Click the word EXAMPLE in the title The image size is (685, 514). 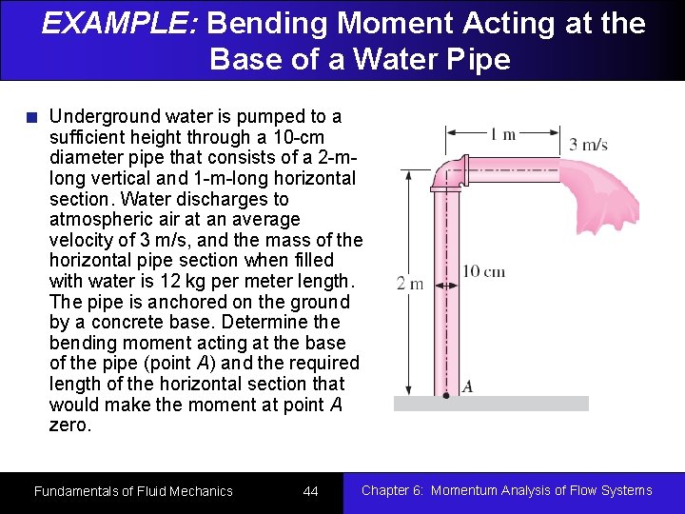(x=118, y=23)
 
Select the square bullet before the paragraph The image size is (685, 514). (x=32, y=118)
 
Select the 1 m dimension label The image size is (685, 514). (x=502, y=134)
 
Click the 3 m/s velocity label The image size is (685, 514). (x=588, y=145)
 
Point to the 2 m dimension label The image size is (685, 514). (x=410, y=283)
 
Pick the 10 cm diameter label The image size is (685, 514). (x=483, y=272)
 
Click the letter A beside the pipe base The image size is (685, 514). (x=467, y=386)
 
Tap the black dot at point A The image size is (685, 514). (x=445, y=393)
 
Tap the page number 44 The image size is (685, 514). (x=310, y=491)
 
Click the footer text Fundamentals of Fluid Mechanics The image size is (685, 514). (x=133, y=491)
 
